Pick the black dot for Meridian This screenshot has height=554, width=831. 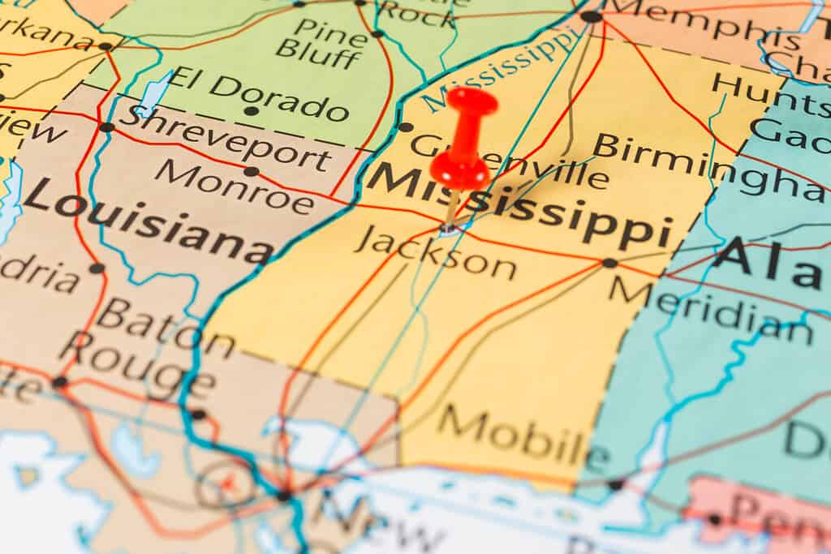pos(609,263)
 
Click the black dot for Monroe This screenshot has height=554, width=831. pos(252,171)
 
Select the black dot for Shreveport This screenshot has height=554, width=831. pos(106,127)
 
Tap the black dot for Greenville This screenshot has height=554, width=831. pos(406,127)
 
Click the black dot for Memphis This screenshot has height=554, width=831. pos(592,15)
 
